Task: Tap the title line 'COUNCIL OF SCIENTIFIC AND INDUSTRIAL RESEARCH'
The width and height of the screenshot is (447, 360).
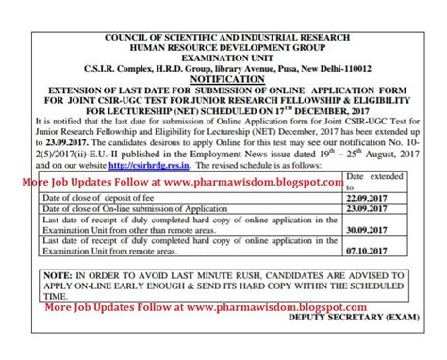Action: point(224,10)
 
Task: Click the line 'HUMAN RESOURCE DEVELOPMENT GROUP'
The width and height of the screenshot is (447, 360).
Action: point(224,22)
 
